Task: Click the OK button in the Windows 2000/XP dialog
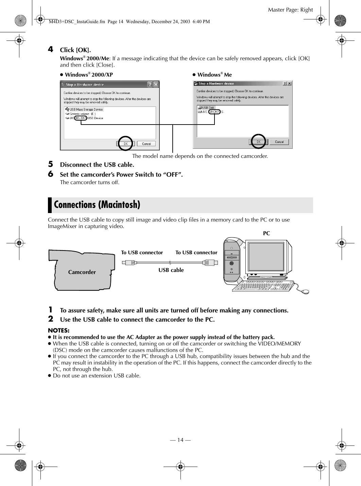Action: point(126,144)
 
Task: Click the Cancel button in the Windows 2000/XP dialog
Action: point(146,144)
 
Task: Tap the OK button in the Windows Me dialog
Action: point(259,142)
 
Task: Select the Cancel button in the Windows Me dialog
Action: point(279,142)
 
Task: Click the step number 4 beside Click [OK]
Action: point(50,50)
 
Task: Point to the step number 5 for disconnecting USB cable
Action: point(50,164)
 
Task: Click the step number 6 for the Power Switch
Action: point(50,174)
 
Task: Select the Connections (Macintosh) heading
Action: point(97,205)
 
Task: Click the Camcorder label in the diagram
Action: point(82,272)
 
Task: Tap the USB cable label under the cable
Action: point(171,270)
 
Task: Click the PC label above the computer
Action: point(267,233)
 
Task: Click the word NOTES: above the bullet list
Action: point(59,330)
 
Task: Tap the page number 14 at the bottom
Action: point(180,440)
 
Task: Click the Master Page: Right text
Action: point(290,10)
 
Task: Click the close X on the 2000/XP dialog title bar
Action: point(156,84)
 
